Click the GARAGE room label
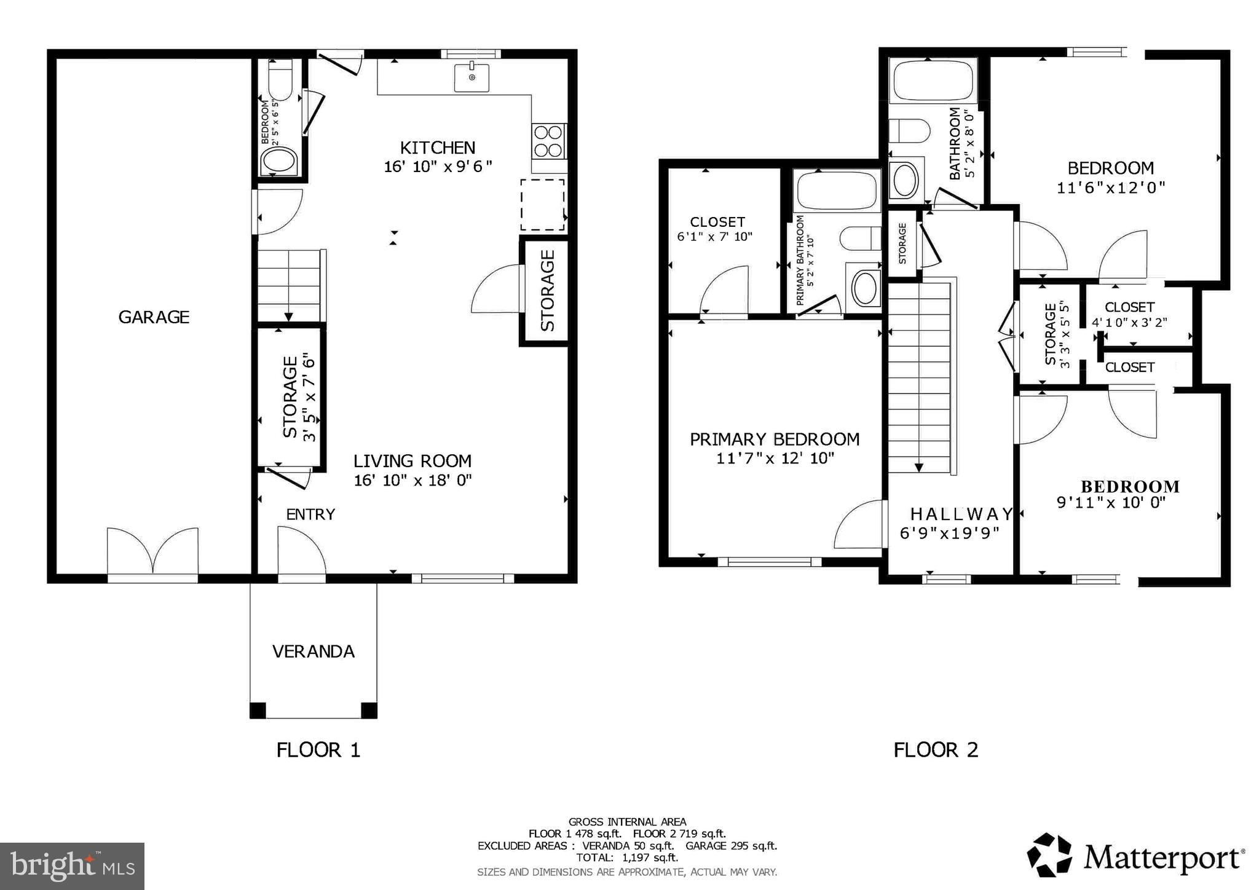[154, 317]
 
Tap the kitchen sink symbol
[472, 77]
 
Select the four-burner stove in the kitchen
[548, 141]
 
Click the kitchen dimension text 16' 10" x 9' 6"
[438, 167]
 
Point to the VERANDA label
[314, 652]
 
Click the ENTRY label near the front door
[310, 514]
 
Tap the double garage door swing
[152, 550]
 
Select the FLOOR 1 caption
[318, 750]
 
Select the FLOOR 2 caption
[935, 750]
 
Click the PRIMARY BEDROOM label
[775, 439]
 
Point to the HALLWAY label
[961, 514]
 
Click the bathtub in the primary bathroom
[836, 191]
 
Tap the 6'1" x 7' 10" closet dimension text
[714, 237]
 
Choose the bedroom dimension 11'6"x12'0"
[1110, 187]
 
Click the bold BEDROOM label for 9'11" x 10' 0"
[1130, 487]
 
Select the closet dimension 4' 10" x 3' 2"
[1129, 322]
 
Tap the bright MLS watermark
[73, 866]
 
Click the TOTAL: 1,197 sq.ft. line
[627, 857]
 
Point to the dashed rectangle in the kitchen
[542, 205]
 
